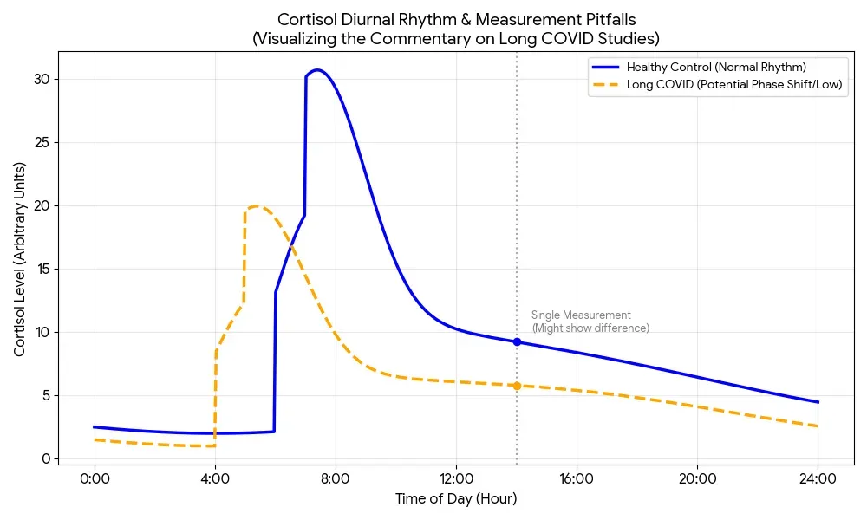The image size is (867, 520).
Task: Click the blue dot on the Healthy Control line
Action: pyautogui.click(x=517, y=342)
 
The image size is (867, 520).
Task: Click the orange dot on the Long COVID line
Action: pyautogui.click(x=517, y=386)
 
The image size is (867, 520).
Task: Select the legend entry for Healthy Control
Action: pyautogui.click(x=716, y=67)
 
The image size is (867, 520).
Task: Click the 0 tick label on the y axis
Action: pyautogui.click(x=47, y=459)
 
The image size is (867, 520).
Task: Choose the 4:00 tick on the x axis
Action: pyautogui.click(x=215, y=478)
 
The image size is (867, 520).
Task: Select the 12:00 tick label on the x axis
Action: pyautogui.click(x=456, y=478)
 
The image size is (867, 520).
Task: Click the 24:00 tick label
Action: pyautogui.click(x=818, y=478)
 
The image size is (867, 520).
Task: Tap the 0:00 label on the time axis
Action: pyautogui.click(x=95, y=478)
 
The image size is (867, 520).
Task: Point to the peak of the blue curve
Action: pyautogui.click(x=318, y=70)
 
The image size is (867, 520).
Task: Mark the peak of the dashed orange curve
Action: pyautogui.click(x=255, y=206)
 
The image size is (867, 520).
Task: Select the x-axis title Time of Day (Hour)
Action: pyautogui.click(x=456, y=499)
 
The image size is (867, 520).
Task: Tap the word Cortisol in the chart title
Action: pyautogui.click(x=303, y=19)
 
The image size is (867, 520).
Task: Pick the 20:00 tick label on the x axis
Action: pyautogui.click(x=697, y=478)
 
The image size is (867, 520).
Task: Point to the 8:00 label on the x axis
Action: pyautogui.click(x=336, y=478)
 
